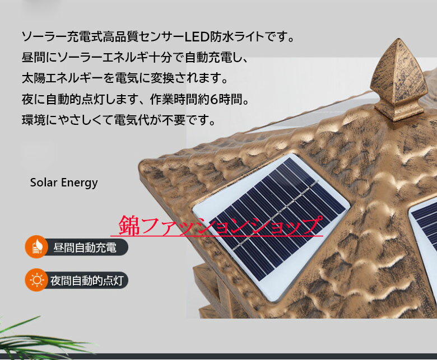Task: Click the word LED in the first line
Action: point(196,38)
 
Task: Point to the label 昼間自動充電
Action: point(85,247)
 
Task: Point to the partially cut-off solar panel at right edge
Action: point(424,224)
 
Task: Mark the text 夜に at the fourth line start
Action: point(31,100)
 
